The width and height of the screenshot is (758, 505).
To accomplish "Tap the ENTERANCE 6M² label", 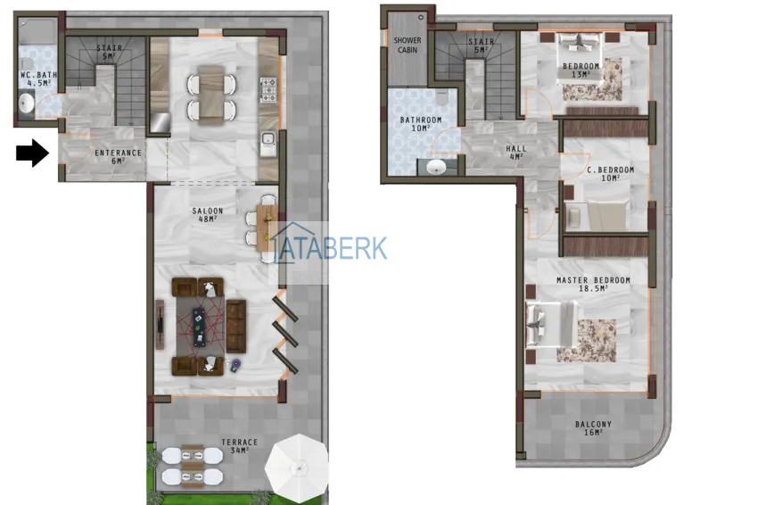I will (x=119, y=156).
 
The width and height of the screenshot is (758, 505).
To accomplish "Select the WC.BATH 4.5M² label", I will (x=38, y=79).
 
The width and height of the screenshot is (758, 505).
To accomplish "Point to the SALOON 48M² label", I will (x=208, y=215).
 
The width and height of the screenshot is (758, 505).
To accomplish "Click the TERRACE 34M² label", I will (x=240, y=446).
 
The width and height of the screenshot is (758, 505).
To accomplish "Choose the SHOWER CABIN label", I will (x=408, y=46).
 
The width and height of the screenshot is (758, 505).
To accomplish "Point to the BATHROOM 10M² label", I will (x=421, y=124).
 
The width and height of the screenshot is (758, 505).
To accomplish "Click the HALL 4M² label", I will (x=516, y=153).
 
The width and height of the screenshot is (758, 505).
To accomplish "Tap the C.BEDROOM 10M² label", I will (x=610, y=174).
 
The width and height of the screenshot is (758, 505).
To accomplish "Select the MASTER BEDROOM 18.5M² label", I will (x=593, y=285).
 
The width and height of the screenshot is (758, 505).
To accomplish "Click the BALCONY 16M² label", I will (x=593, y=429).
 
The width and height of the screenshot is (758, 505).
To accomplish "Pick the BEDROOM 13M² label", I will (x=581, y=70).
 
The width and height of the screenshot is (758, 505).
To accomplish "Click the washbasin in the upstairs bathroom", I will (x=436, y=167).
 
